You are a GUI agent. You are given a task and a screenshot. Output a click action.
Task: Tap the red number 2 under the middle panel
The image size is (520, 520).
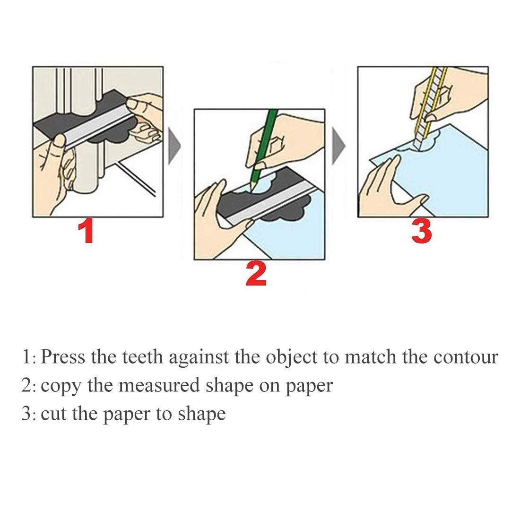[x=256, y=275]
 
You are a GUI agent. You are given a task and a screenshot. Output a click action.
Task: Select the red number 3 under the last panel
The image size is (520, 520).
[x=421, y=232]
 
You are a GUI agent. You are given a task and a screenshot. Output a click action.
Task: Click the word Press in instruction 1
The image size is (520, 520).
[x=63, y=357]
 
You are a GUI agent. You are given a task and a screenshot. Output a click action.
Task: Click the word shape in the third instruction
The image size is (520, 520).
[x=201, y=414]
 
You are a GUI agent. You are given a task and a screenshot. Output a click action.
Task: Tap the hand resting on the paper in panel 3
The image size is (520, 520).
[x=388, y=189]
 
